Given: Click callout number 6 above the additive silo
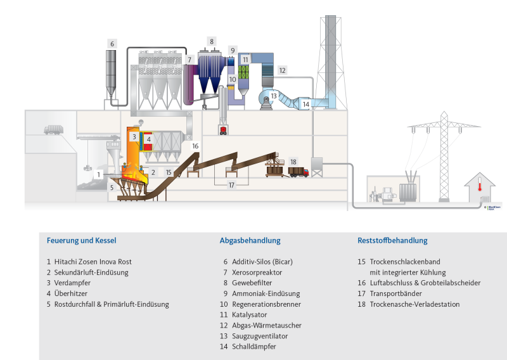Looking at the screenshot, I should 112,44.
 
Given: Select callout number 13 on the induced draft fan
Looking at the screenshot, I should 274,96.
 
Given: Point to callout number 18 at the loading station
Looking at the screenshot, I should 293,162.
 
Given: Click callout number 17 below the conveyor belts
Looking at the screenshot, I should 231,185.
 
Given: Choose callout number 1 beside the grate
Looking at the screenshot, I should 99,173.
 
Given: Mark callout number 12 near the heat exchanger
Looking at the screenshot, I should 282,70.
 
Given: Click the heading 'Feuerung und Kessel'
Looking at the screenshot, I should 81,241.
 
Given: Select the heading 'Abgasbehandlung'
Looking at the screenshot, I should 250,241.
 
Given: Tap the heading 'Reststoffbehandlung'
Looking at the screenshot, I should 392,241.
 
